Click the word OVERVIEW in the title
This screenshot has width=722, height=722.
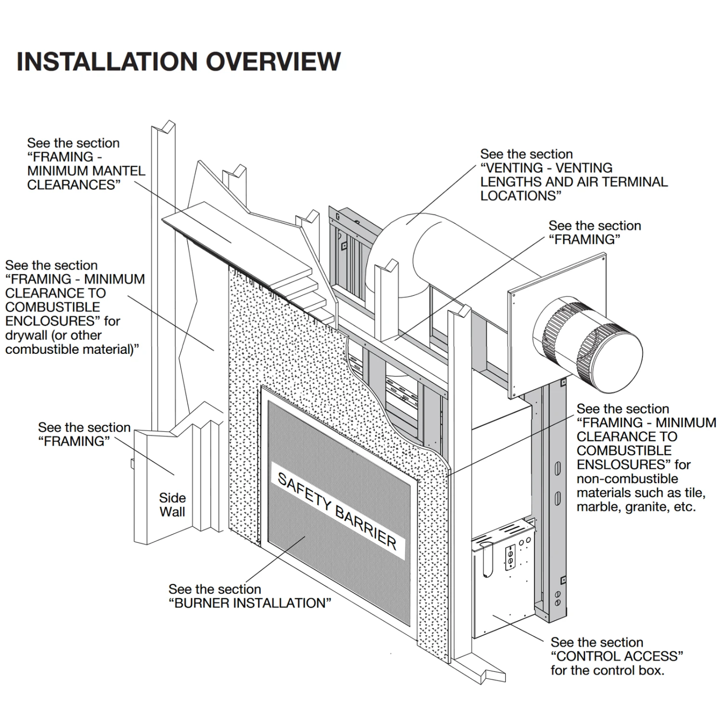click(x=273, y=62)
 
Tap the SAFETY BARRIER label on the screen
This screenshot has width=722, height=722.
click(x=337, y=511)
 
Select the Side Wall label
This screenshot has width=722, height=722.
click(x=172, y=505)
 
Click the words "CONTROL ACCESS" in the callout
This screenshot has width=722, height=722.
click(x=617, y=656)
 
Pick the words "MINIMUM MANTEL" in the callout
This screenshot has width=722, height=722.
click(x=86, y=171)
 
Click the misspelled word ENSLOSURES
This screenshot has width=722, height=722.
click(x=624, y=464)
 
